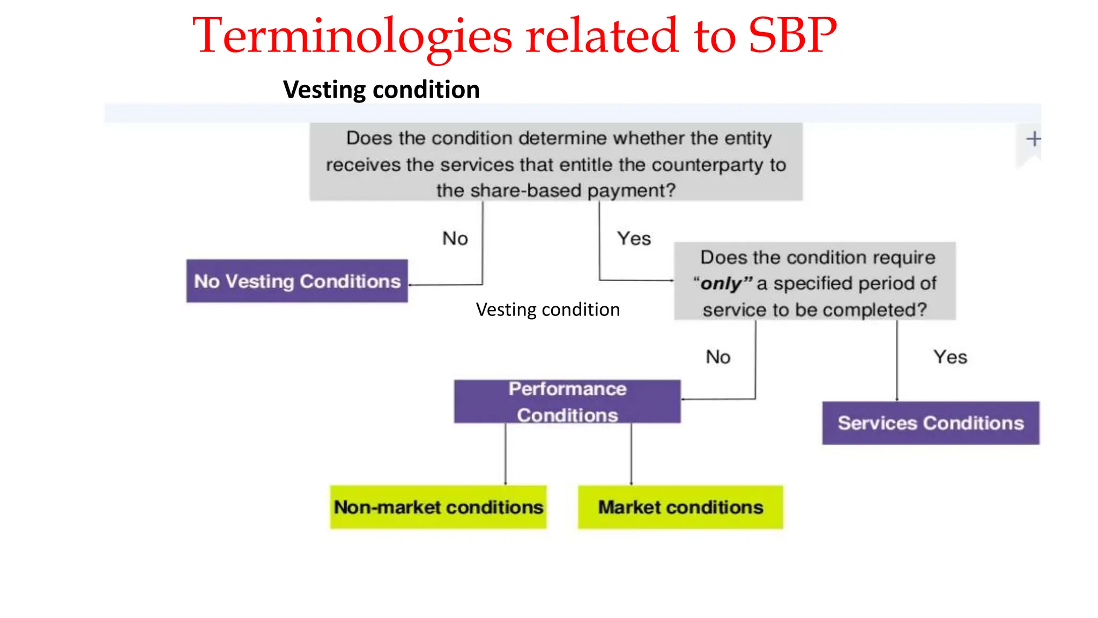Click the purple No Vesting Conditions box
(x=296, y=281)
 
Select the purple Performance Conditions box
(x=567, y=402)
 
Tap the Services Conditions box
(x=930, y=423)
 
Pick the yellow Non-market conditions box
(x=438, y=507)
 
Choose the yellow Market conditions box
(x=680, y=507)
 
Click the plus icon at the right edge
(x=1033, y=139)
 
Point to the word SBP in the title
(x=792, y=35)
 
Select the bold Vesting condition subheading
(x=381, y=90)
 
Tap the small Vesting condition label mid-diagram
(x=547, y=310)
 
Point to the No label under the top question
(x=455, y=238)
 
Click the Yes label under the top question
(x=634, y=238)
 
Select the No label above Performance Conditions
(x=718, y=357)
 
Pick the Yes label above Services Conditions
(x=950, y=357)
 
